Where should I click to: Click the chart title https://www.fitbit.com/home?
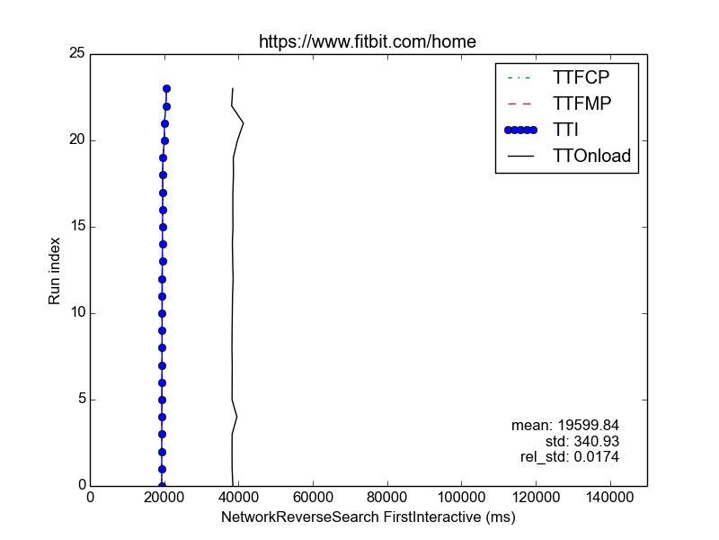(x=367, y=41)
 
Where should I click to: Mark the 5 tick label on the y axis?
(x=81, y=400)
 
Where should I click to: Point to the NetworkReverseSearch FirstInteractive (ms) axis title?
(x=368, y=518)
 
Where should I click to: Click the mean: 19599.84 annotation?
(x=565, y=425)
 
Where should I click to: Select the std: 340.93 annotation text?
(x=582, y=441)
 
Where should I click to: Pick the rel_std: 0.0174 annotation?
(x=570, y=457)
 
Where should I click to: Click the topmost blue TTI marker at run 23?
(x=166, y=89)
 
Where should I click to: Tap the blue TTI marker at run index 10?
(x=162, y=313)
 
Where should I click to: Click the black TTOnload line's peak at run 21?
(x=243, y=123)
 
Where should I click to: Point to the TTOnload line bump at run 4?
(x=236, y=417)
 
